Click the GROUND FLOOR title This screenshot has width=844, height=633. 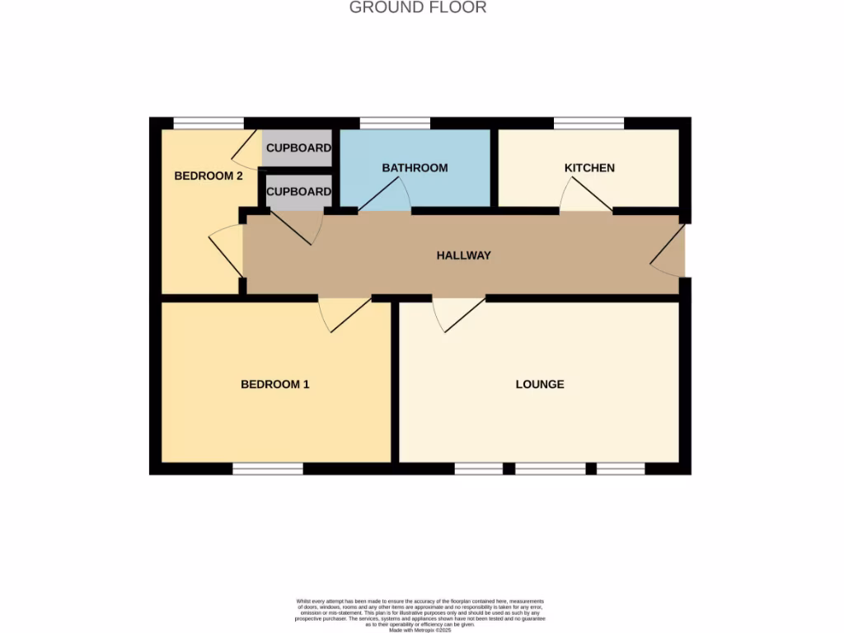(x=418, y=7)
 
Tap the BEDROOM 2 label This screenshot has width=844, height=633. (x=208, y=176)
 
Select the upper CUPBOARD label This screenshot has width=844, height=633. (x=298, y=148)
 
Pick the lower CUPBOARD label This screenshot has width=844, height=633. (x=298, y=191)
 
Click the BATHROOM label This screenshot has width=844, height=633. (x=415, y=168)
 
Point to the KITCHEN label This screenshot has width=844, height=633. (x=589, y=168)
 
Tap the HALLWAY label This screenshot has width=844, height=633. (x=463, y=256)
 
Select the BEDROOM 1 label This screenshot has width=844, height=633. (x=274, y=384)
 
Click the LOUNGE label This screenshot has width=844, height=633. (x=540, y=384)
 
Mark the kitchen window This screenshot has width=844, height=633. (x=588, y=124)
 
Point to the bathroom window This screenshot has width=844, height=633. (x=395, y=124)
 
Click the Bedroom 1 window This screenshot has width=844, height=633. (x=268, y=469)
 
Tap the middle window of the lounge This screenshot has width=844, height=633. (x=550, y=469)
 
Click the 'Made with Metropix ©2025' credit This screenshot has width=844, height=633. (x=420, y=630)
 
